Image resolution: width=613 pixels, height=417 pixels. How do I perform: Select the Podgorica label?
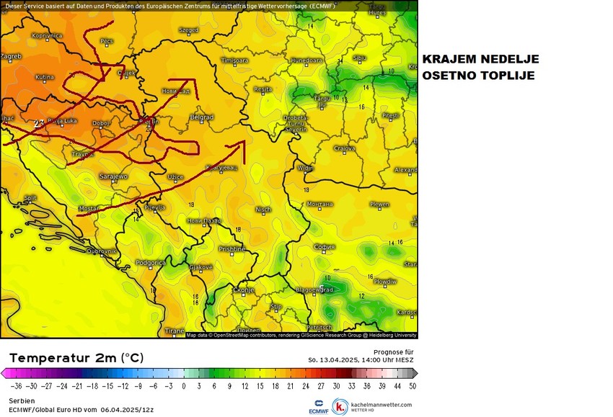(151, 263)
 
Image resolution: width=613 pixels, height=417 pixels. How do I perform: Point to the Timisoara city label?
(234, 60)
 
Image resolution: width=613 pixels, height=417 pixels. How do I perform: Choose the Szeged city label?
(188, 30)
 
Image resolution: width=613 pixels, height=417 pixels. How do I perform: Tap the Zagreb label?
(11, 55)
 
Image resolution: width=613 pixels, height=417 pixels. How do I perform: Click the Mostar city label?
(88, 208)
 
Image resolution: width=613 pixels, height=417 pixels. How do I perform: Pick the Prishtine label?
(232, 249)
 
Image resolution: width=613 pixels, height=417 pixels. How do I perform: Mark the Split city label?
(30, 198)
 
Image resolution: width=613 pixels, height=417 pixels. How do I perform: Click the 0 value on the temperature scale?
(184, 386)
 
